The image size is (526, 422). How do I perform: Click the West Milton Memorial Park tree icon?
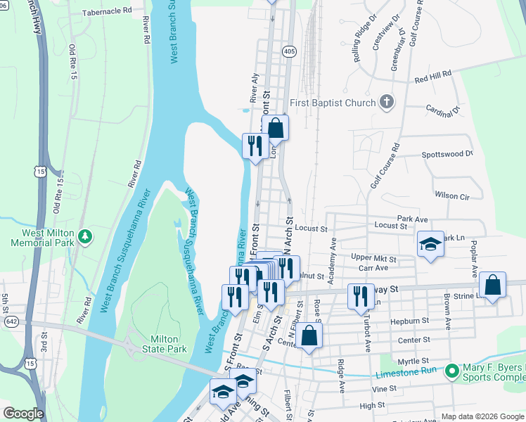pos(85,235)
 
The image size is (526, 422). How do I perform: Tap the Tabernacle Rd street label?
pos(107,12)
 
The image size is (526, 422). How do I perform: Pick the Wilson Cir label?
pos(451,196)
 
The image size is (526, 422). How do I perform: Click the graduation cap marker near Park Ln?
pos(430,245)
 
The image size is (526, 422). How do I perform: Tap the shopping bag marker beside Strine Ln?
pos(493,286)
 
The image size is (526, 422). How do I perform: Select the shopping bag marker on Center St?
pos(309,335)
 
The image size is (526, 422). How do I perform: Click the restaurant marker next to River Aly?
pos(255,146)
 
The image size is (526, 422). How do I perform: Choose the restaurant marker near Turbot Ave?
pos(360,295)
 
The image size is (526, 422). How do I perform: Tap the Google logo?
pos(23,414)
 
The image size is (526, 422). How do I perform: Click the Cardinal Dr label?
pos(442,109)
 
